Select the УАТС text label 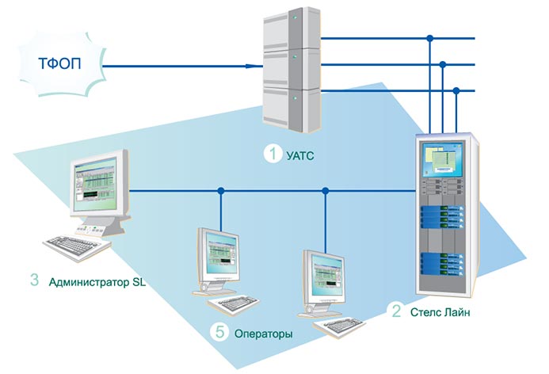pos(300,155)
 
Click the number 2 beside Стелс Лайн pos(396,311)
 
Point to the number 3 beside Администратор pos(33,280)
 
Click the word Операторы pos(263,334)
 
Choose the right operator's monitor pos(325,274)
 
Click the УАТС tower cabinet pos(292,71)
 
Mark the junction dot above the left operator pos(221,191)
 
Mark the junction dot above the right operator pos(326,191)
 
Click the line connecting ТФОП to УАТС pos(182,66)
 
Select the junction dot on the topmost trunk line pos(429,37)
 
